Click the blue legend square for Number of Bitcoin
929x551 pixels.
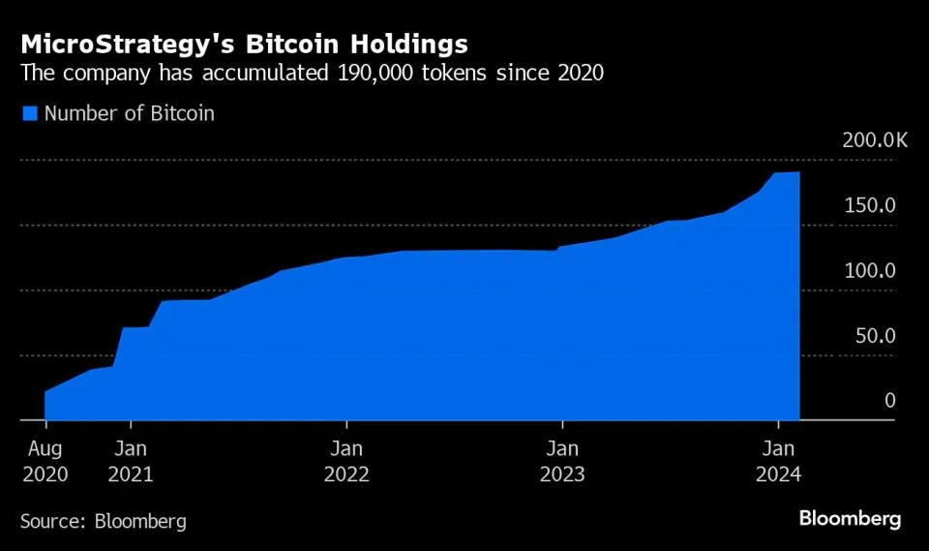[29, 113]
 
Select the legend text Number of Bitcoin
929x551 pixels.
[129, 113]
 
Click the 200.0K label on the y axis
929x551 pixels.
[875, 140]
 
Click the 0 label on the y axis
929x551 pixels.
[889, 401]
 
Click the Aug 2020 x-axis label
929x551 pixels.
[45, 462]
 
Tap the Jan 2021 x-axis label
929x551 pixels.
[131, 462]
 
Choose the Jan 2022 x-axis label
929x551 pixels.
[346, 462]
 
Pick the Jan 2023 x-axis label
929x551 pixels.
[562, 462]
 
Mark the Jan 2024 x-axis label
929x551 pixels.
[778, 462]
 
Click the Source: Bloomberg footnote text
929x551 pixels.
[104, 521]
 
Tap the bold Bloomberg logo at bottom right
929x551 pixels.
[850, 519]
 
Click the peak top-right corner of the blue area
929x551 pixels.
[798, 172]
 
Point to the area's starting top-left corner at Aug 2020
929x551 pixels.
[45, 392]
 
